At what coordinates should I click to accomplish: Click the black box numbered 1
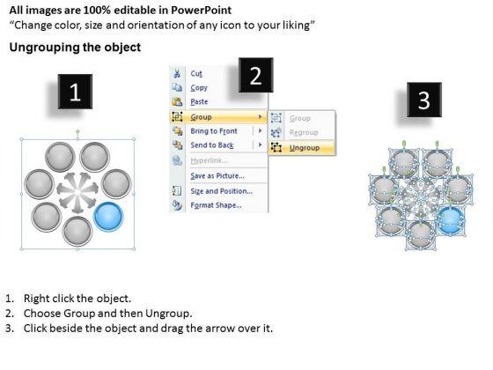75,92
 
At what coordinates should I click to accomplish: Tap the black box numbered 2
255,75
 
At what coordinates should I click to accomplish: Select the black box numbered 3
424,100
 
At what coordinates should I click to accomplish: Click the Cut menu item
196,74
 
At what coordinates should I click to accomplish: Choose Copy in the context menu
199,88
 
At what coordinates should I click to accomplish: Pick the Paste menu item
199,102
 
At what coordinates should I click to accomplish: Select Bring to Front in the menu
214,131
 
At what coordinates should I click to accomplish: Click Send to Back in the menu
212,145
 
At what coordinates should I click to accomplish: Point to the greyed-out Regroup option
304,132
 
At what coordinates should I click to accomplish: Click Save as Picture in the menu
217,176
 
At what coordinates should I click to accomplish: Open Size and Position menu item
221,191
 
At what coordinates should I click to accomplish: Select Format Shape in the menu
216,205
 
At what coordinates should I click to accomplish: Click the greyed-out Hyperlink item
209,160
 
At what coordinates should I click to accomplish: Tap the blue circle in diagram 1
109,217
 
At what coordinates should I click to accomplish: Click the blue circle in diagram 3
452,220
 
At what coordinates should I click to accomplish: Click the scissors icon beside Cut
177,73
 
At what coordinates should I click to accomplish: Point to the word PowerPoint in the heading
202,11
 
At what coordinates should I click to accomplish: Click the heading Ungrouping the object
75,48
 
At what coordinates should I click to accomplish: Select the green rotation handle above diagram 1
77,131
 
